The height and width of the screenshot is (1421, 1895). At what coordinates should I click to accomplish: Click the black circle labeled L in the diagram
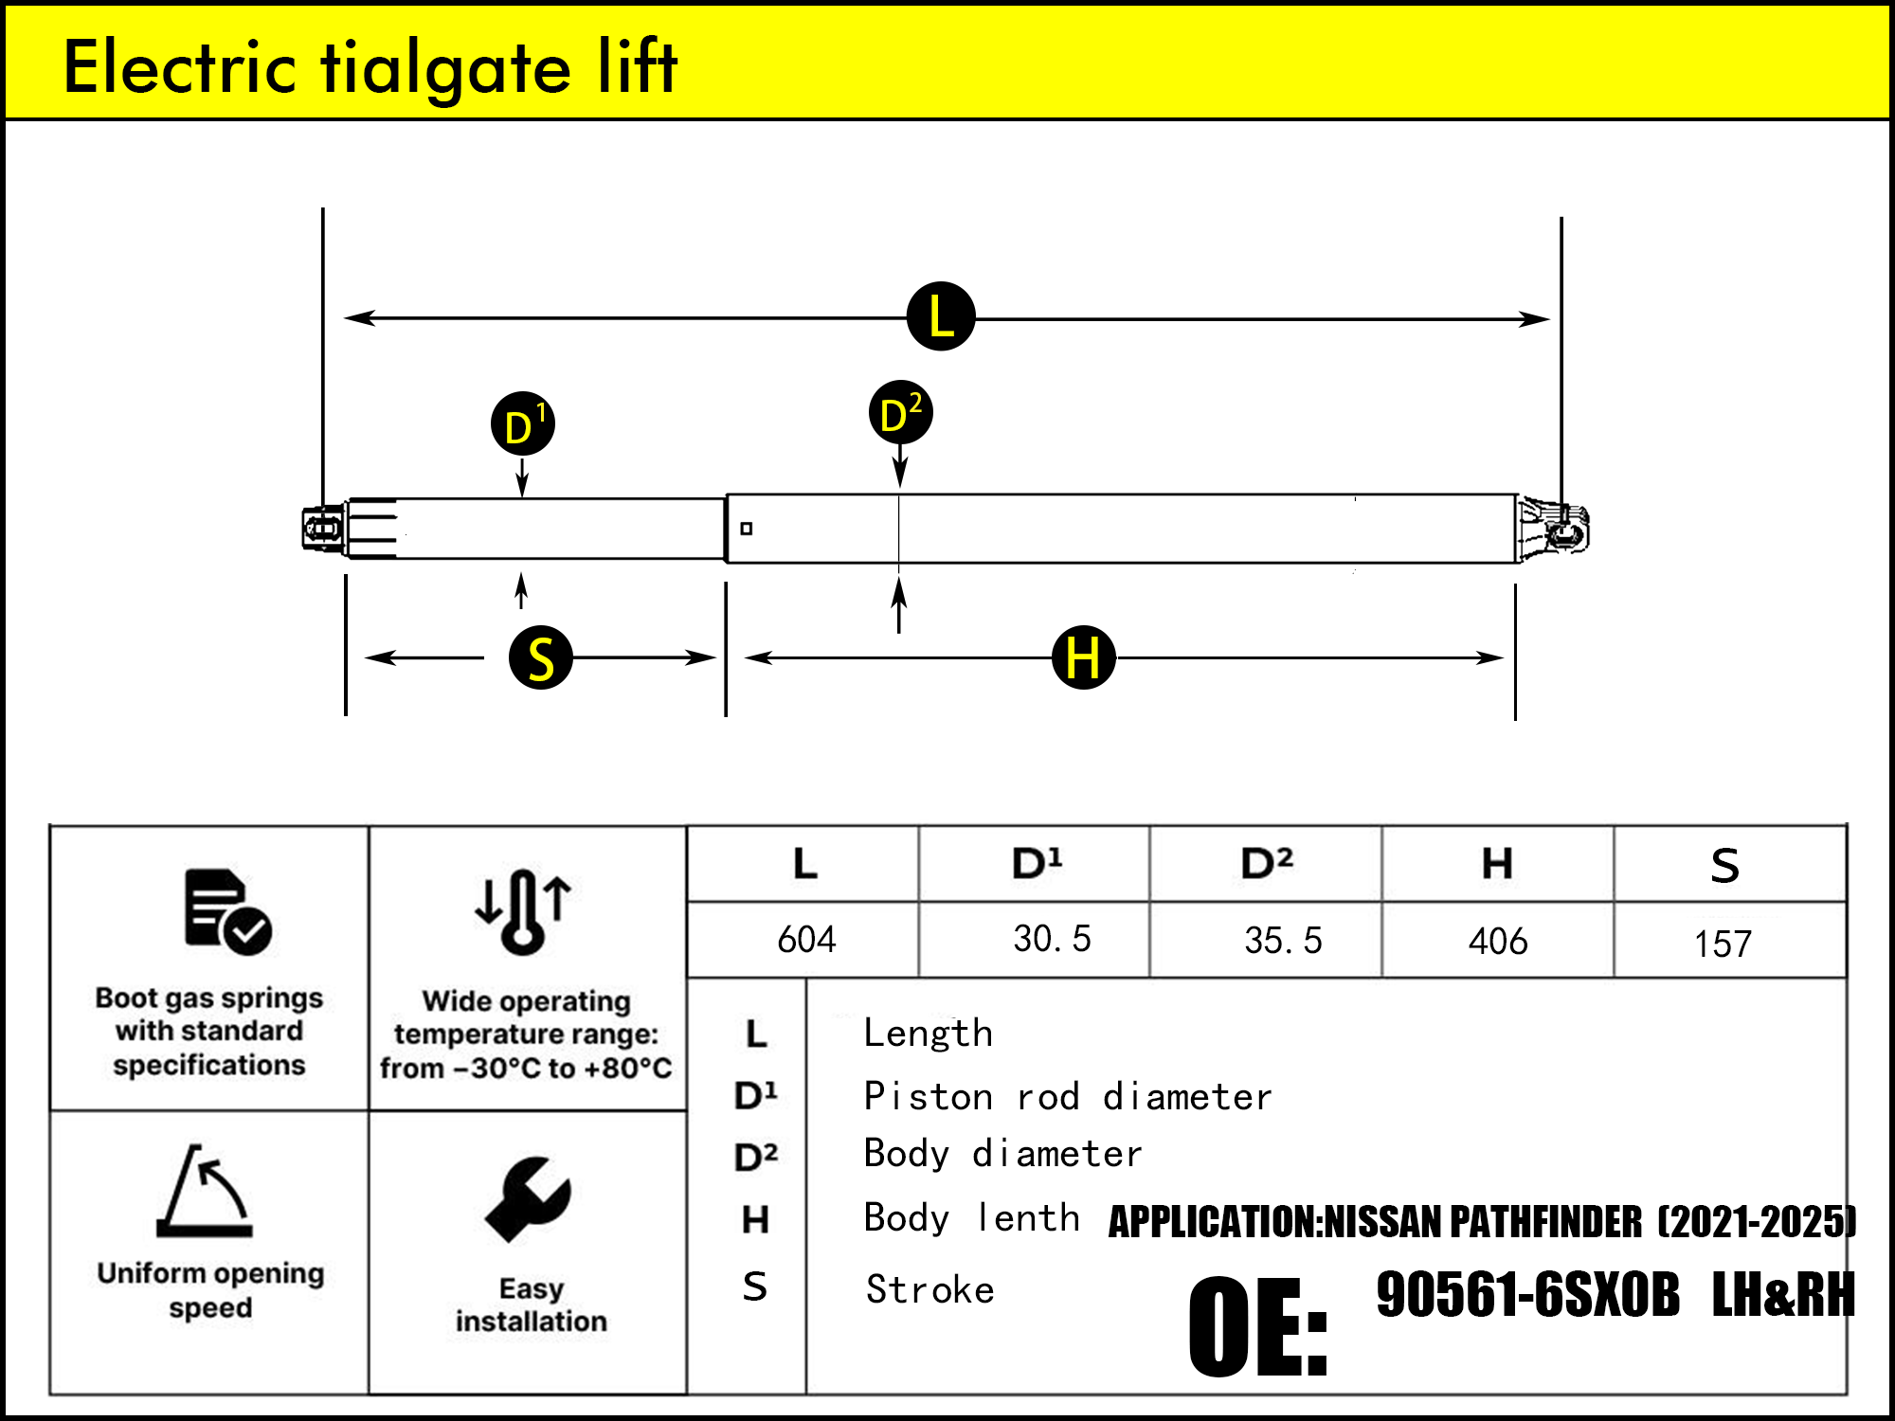(941, 316)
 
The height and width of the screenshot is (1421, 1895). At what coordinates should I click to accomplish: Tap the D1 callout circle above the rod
(522, 423)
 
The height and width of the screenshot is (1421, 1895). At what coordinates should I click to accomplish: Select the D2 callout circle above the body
(900, 413)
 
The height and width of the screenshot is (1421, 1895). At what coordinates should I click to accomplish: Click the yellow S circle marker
(541, 657)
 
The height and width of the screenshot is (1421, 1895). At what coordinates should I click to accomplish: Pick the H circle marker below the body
(1083, 657)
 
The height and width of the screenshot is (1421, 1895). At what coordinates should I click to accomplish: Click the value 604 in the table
(806, 940)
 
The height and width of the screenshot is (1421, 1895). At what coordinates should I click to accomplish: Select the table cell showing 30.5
(1052, 939)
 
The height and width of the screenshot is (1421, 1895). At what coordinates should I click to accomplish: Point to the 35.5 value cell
(1283, 941)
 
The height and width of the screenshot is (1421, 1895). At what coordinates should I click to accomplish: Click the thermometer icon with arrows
(523, 910)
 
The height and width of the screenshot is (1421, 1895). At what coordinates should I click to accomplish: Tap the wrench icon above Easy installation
(529, 1198)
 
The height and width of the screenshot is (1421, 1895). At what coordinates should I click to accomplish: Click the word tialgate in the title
(445, 68)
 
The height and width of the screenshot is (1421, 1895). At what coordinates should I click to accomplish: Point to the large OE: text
(1257, 1326)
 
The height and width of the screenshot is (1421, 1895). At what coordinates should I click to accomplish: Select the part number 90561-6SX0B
(1527, 1295)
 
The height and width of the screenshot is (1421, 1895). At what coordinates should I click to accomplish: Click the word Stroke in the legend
(929, 1290)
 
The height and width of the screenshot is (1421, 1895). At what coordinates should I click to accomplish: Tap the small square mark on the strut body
(747, 529)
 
